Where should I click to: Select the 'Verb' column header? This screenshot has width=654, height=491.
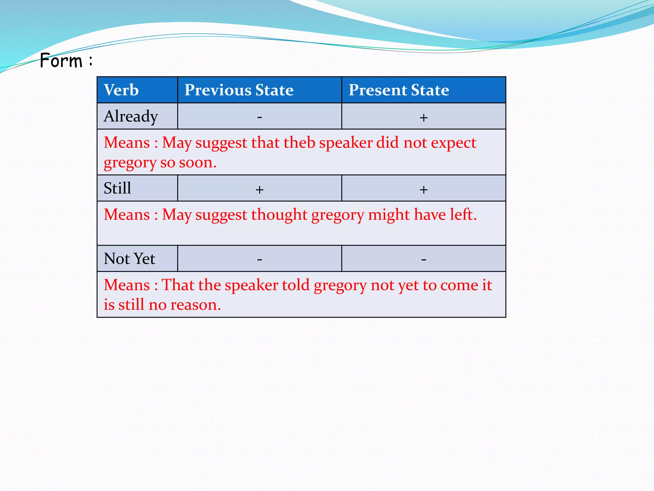(x=121, y=90)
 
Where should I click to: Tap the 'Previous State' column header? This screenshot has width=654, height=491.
(x=239, y=90)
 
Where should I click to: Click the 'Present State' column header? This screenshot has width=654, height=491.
(x=399, y=90)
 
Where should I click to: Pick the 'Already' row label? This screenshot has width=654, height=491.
(x=131, y=116)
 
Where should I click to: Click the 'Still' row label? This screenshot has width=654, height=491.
(x=117, y=188)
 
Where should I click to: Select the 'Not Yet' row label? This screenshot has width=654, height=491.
(x=129, y=259)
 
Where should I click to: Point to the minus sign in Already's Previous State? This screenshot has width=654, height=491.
(x=260, y=117)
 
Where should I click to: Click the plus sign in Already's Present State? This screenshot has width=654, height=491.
(x=423, y=118)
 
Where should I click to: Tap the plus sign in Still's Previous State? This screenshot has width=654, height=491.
(x=260, y=190)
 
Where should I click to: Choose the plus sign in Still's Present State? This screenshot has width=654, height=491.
(x=423, y=190)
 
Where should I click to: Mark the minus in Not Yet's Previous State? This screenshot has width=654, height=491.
(x=260, y=259)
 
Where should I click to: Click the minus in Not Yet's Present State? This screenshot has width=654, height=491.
(x=423, y=259)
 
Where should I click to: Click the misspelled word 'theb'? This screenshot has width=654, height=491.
(x=299, y=143)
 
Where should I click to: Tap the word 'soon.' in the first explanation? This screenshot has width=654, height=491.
(x=198, y=163)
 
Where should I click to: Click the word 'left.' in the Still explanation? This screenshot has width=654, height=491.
(x=463, y=214)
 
